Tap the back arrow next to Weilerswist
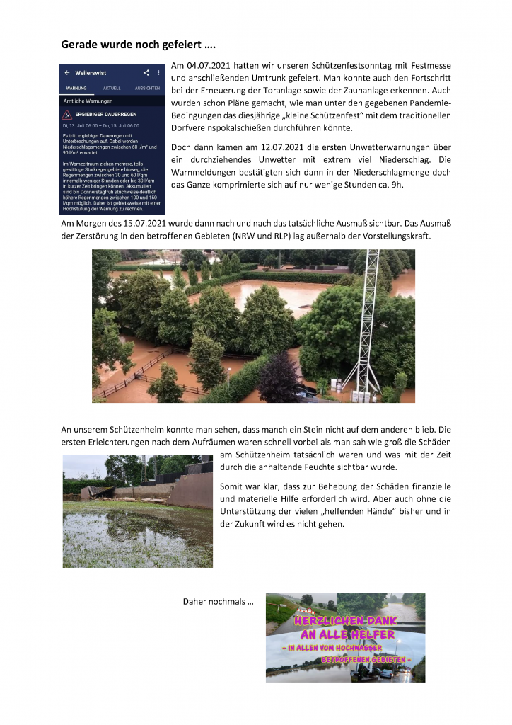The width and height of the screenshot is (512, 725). pyautogui.click(x=67, y=73)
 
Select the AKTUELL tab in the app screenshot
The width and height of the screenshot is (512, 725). pyautogui.click(x=112, y=89)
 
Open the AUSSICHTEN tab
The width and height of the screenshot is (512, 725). pyautogui.click(x=147, y=89)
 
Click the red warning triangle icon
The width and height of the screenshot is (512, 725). pyautogui.click(x=67, y=114)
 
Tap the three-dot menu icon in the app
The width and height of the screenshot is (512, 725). pyautogui.click(x=158, y=73)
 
